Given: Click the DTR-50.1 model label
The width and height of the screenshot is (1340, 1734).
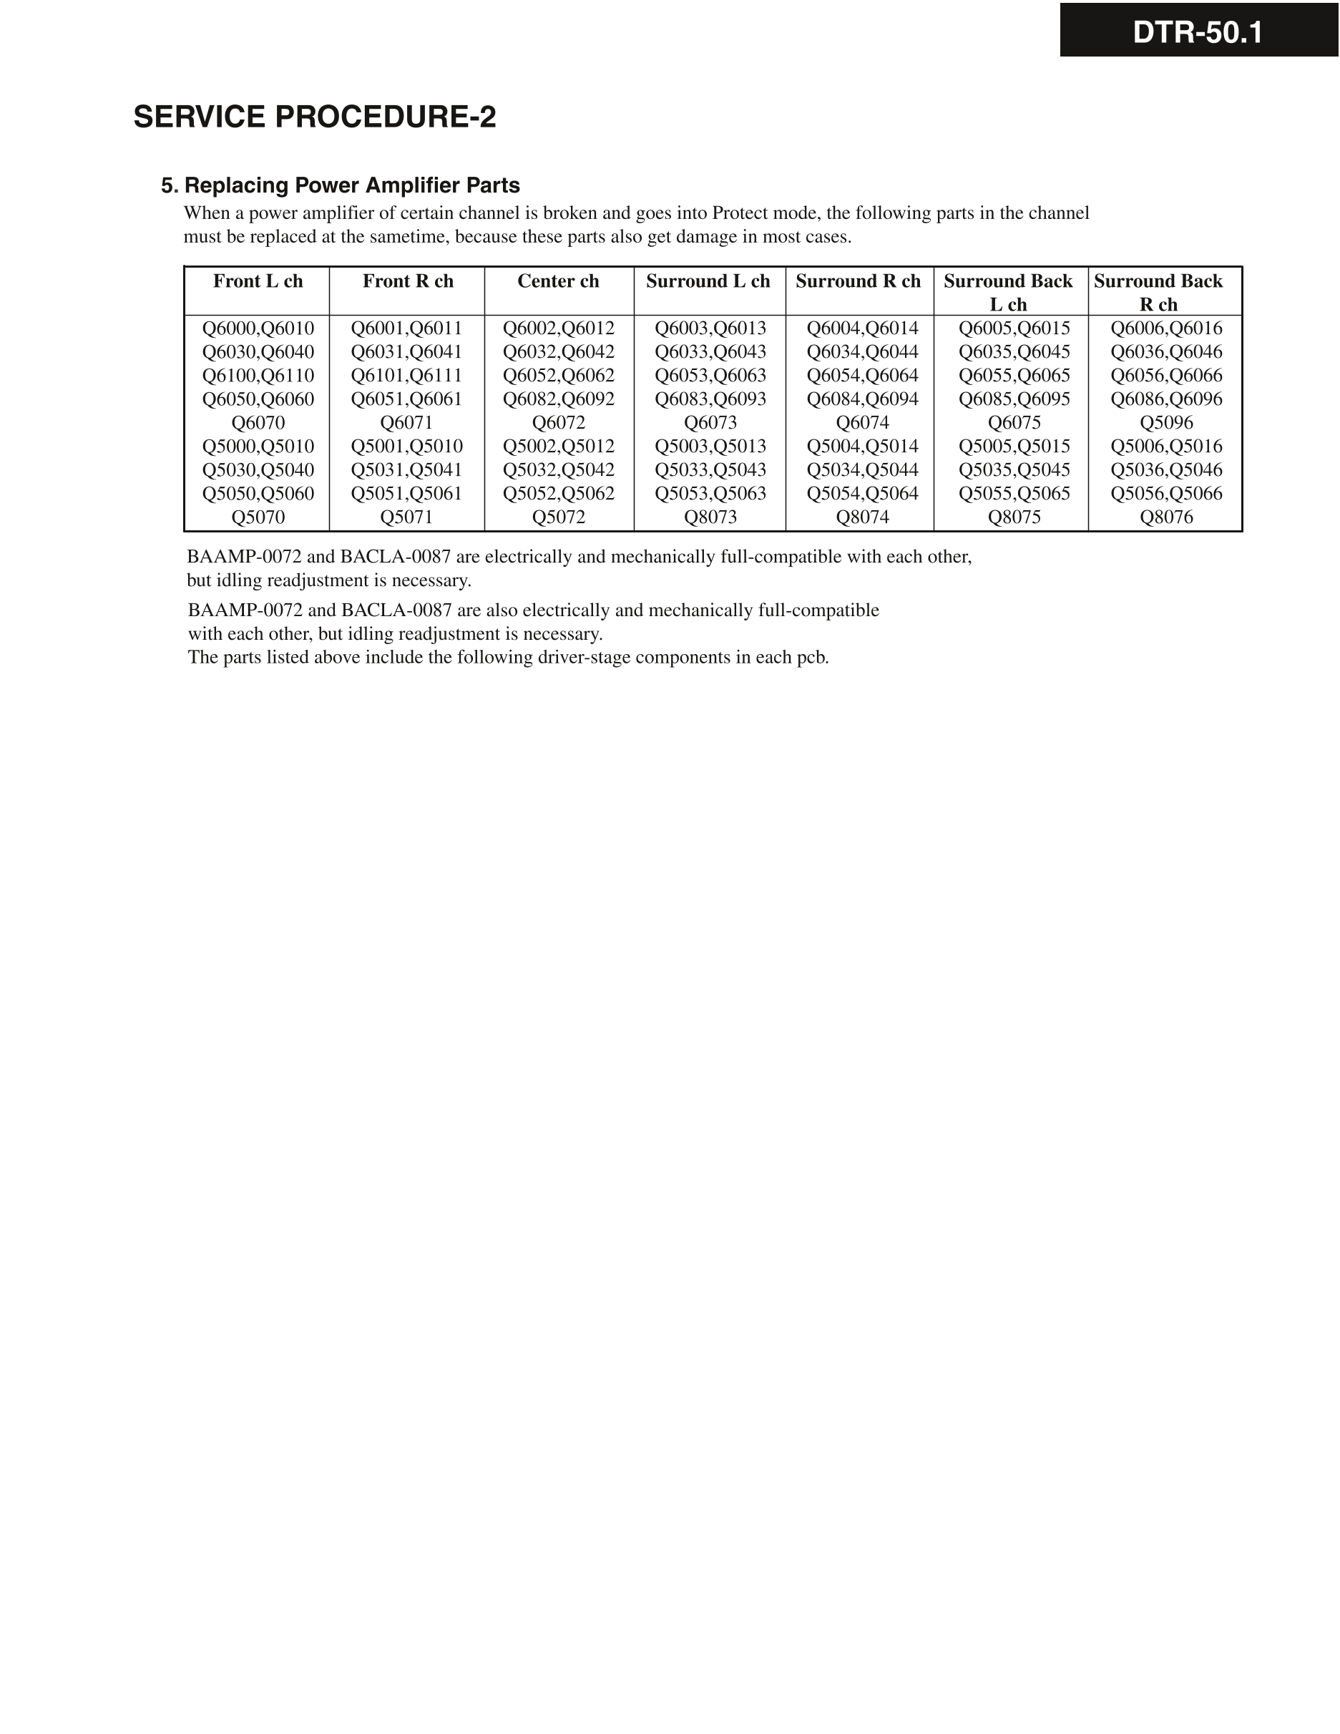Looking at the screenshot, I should pyautogui.click(x=1197, y=32).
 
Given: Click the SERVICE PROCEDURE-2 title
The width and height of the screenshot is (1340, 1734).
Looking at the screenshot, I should pyautogui.click(x=314, y=117).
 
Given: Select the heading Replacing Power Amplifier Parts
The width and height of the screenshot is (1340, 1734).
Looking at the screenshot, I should pyautogui.click(x=352, y=186).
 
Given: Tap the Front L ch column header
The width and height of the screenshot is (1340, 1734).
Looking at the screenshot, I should pyautogui.click(x=258, y=281).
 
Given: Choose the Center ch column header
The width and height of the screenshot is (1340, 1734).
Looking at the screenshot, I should pyautogui.click(x=558, y=281).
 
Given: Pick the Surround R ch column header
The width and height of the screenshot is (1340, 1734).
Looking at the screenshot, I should pyautogui.click(x=858, y=281).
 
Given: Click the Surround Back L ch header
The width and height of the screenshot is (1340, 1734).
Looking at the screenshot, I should pyautogui.click(x=1008, y=292).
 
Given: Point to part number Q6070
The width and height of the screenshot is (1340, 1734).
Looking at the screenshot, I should pyautogui.click(x=258, y=422).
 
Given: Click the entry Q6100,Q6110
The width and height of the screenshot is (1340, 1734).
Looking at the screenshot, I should pyautogui.click(x=258, y=376).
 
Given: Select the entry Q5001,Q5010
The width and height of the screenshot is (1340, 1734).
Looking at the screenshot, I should pyautogui.click(x=406, y=447).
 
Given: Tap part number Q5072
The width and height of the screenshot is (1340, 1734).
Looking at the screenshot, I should pyautogui.click(x=558, y=517).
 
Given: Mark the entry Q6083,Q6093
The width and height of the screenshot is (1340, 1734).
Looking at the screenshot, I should pyautogui.click(x=710, y=399).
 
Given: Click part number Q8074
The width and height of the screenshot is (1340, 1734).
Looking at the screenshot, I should pyautogui.click(x=862, y=517).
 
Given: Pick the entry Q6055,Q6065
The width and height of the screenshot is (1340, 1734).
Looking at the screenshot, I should pyautogui.click(x=1014, y=376).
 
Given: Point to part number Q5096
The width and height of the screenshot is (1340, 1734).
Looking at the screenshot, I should pyautogui.click(x=1166, y=422).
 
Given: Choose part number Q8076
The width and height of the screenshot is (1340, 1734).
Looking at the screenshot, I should pyautogui.click(x=1166, y=517).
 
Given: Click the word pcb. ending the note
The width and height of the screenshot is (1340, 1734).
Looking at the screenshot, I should pyautogui.click(x=812, y=658).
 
